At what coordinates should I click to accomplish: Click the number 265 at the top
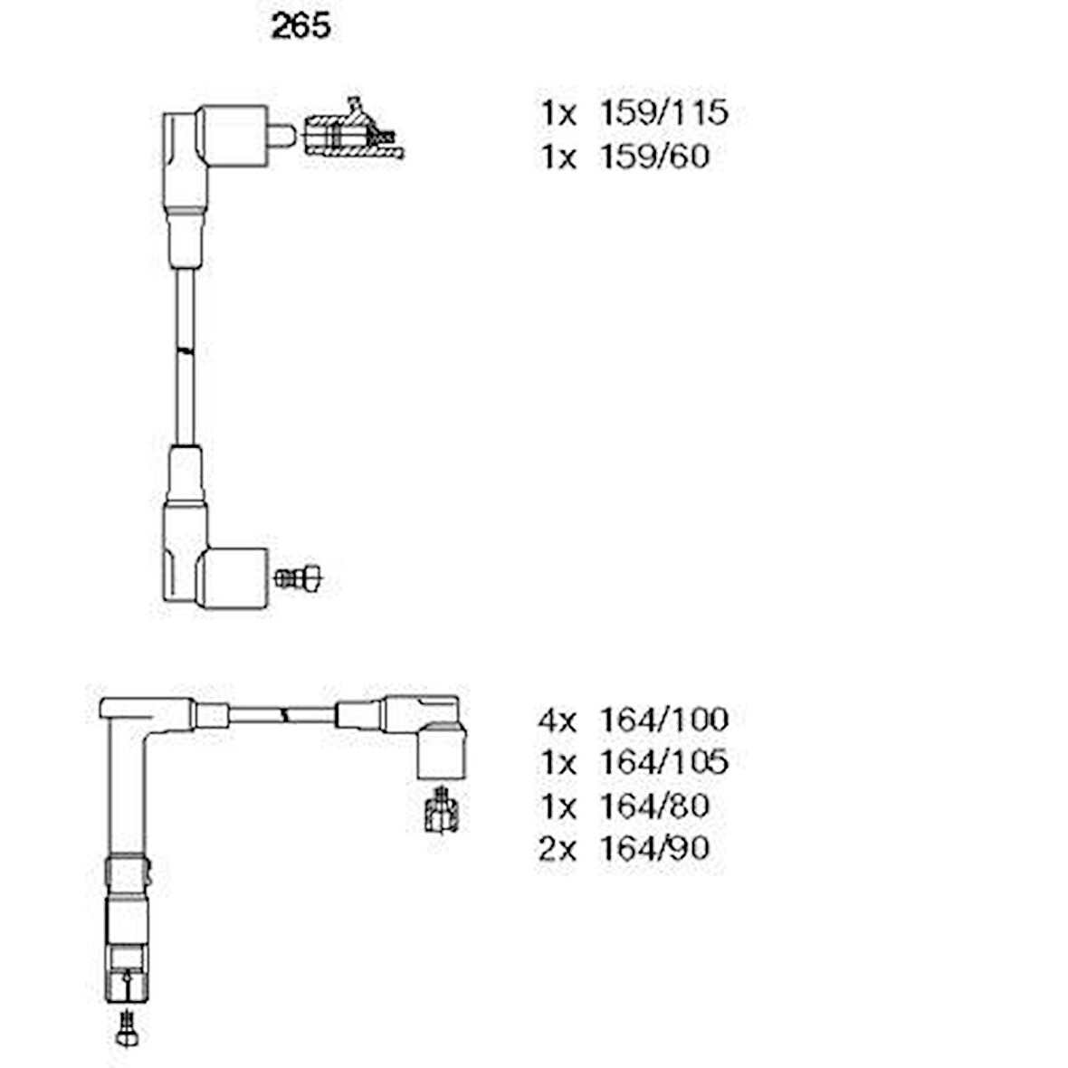click(300, 27)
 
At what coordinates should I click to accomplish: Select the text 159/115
click(663, 113)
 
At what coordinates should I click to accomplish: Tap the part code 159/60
click(653, 157)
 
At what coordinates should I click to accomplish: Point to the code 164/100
click(663, 720)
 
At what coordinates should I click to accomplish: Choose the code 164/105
click(663, 762)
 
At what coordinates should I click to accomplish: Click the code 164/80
click(653, 805)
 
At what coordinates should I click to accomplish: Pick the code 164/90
click(653, 847)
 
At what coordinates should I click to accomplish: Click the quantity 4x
click(557, 720)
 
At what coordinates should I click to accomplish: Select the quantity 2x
click(557, 847)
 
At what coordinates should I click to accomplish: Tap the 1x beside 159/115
click(558, 113)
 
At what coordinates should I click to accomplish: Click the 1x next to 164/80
click(558, 805)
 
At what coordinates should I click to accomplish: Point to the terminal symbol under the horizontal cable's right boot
click(442, 810)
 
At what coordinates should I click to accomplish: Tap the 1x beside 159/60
click(558, 157)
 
